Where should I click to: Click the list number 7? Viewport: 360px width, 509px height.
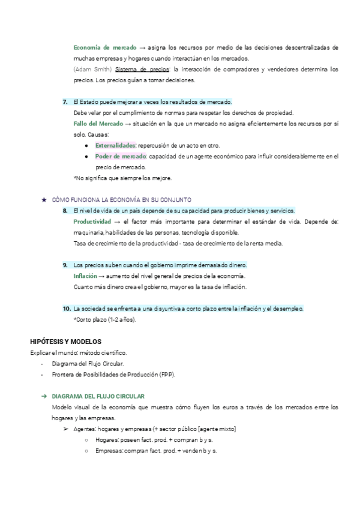[x=65, y=101]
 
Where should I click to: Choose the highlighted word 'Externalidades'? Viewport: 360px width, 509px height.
[x=115, y=146]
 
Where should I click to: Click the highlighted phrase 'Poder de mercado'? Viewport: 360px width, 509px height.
[x=120, y=157]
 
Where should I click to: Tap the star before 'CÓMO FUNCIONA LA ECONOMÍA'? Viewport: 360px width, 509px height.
[x=43, y=200]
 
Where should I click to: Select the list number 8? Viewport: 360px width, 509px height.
[x=65, y=211]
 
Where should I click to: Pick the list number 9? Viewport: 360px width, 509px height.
[x=65, y=265]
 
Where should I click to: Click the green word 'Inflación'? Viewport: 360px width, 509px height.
[x=84, y=276]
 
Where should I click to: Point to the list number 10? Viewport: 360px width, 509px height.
[x=66, y=309]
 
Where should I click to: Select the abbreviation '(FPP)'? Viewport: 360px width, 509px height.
[x=167, y=375]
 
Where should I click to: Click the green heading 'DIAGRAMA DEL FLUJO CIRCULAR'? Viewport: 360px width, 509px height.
[x=98, y=397]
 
